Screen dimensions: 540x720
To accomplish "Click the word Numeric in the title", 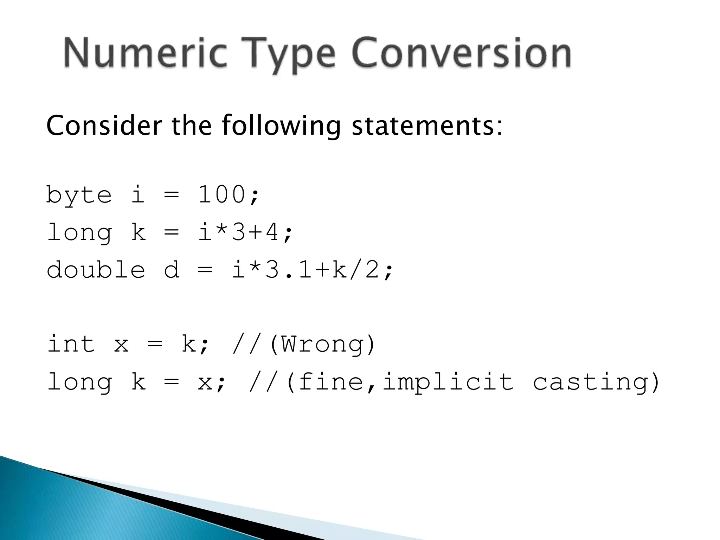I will click(144, 53).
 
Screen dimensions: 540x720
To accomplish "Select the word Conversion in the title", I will click(461, 53).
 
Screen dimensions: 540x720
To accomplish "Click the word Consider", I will click(104, 126).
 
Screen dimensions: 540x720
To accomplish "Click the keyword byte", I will click(79, 195).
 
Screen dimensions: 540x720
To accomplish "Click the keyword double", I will click(96, 270).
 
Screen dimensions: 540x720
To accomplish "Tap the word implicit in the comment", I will click(448, 382).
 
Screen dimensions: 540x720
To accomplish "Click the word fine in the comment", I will click(330, 382).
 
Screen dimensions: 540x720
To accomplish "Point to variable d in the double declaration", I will click(172, 270).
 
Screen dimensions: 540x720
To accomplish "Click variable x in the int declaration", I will click(121, 345).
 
